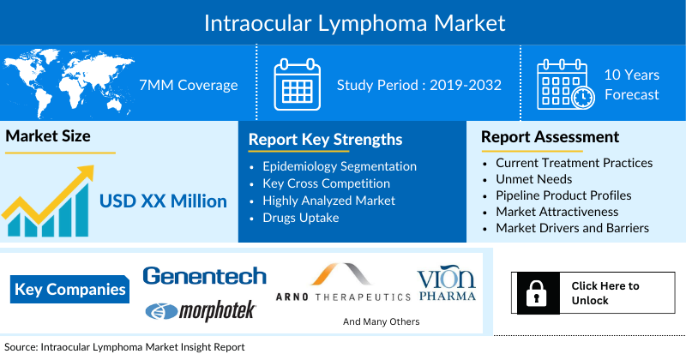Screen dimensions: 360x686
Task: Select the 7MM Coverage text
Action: (188, 85)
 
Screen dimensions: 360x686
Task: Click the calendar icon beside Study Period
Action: (296, 84)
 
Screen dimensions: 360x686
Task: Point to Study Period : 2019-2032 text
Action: (418, 85)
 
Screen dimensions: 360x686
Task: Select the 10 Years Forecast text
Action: (631, 85)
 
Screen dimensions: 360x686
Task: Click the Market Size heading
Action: (48, 136)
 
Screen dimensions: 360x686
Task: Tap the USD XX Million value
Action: (163, 201)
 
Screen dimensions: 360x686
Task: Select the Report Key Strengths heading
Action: (325, 139)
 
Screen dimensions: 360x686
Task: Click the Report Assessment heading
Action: (550, 137)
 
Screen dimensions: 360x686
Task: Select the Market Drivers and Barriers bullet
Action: (572, 228)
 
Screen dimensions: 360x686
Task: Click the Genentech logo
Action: (204, 276)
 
